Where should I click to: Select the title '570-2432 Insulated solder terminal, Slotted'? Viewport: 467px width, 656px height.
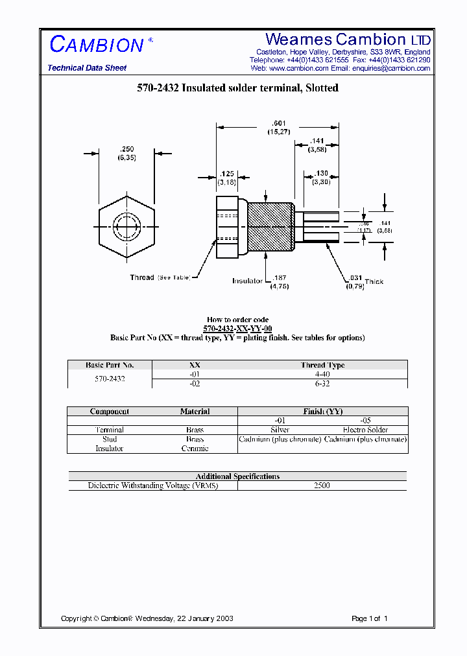pos(237,88)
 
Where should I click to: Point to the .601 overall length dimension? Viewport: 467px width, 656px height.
pos(280,124)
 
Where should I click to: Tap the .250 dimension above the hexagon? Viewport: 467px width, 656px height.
pos(126,150)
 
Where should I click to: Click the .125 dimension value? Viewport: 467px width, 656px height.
pos(226,174)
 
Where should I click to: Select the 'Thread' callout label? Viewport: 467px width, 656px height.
pos(142,277)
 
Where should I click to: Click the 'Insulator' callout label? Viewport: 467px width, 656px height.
pos(247,281)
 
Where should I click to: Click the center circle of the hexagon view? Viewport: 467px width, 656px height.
pos(126,227)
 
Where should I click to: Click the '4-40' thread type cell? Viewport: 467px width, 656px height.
pos(322,374)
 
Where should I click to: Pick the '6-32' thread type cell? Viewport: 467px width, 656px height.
pos(322,383)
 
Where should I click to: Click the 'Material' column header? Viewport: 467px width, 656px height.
pos(195,412)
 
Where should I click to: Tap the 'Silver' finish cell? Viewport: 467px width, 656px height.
pos(280,430)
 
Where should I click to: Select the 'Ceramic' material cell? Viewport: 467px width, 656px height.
pos(195,448)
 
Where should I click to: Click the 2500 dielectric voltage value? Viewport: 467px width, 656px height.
pos(322,486)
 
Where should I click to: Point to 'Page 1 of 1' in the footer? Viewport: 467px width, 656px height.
pos(369,618)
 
